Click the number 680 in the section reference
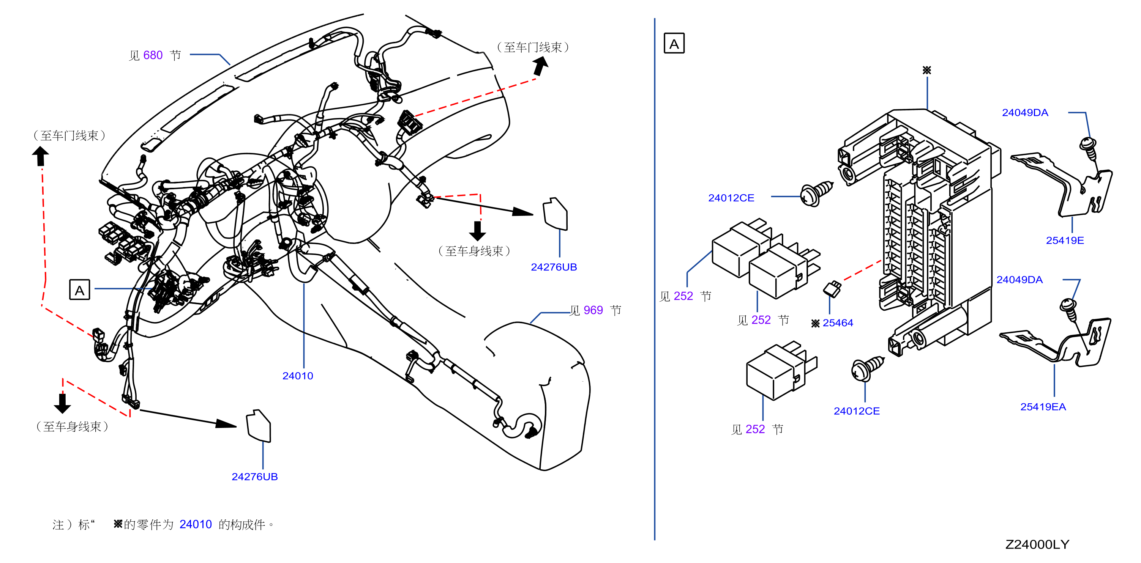coord(153,55)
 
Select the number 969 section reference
coord(593,310)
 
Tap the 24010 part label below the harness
coord(298,376)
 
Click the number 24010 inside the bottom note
coord(196,524)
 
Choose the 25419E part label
coord(1065,241)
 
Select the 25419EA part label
coord(1043,407)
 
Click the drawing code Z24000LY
coord(1037,544)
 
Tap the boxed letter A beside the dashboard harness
coord(80,290)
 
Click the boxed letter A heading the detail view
coord(674,43)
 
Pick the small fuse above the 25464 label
coord(832,289)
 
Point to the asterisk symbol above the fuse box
coord(926,70)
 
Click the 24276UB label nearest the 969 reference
coord(554,267)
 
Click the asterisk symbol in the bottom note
coord(118,524)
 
